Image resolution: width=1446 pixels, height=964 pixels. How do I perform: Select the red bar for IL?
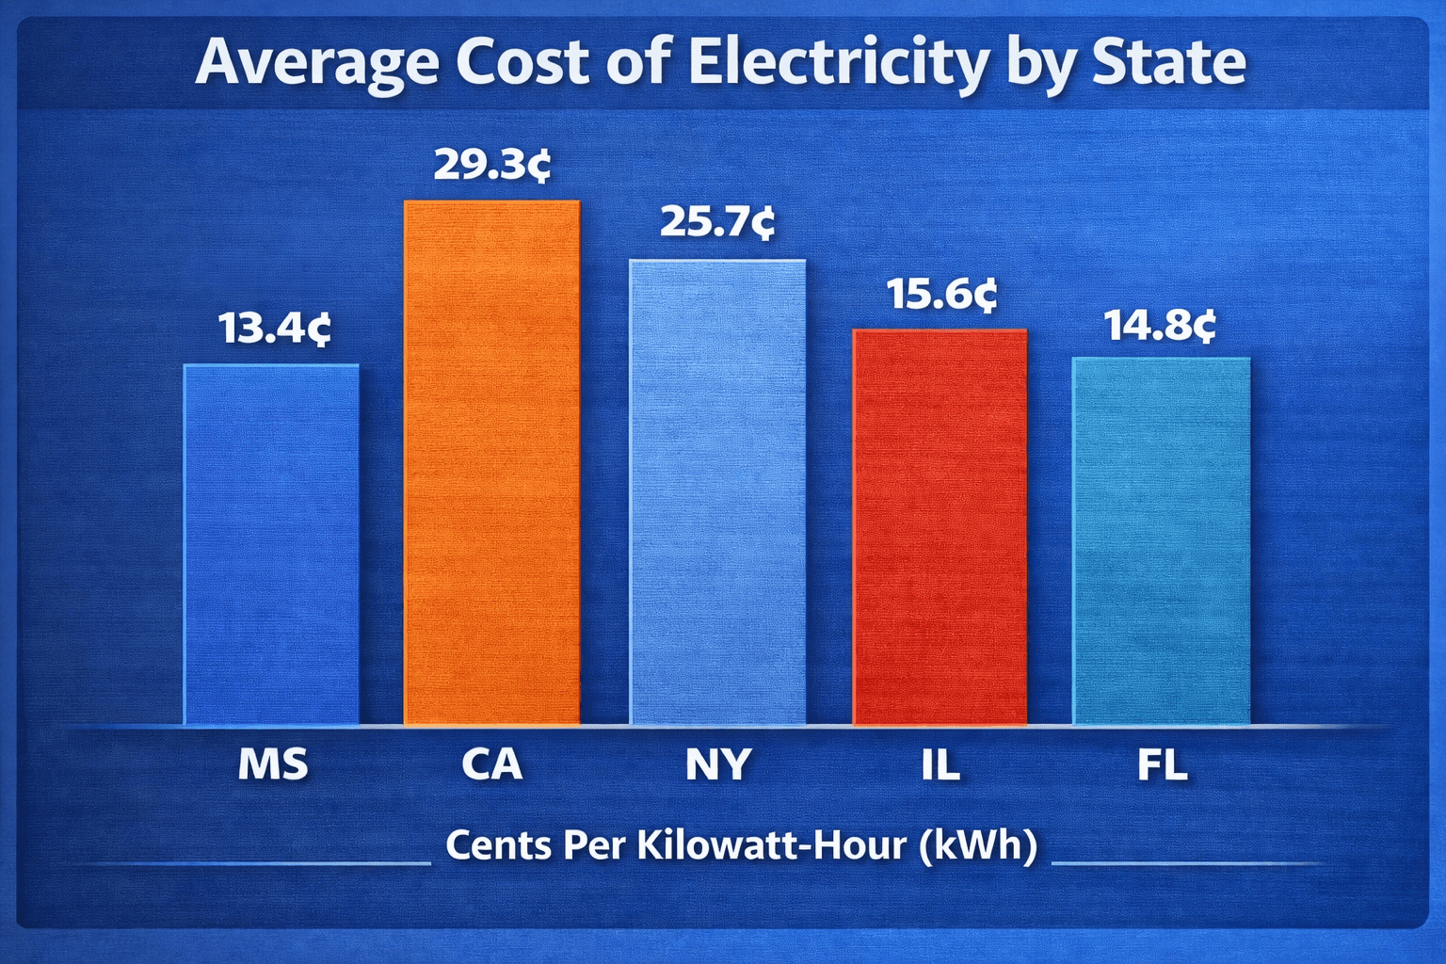click(940, 527)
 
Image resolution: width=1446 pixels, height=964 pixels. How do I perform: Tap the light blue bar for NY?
click(717, 492)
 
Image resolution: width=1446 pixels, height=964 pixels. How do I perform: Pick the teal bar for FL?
click(1162, 541)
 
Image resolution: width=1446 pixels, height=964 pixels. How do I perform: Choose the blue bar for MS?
click(271, 544)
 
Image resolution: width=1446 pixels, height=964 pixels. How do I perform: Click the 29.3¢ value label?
click(491, 165)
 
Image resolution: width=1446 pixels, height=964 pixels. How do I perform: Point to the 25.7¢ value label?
click(717, 222)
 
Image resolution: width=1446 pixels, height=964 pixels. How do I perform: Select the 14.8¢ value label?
click(1160, 326)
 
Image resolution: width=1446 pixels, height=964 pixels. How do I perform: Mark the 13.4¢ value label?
click(274, 329)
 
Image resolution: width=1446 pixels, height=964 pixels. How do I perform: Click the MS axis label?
click(273, 764)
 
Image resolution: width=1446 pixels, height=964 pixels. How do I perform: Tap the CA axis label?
click(491, 764)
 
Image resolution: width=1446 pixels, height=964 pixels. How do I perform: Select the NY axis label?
click(718, 764)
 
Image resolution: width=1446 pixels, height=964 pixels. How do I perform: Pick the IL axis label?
click(940, 764)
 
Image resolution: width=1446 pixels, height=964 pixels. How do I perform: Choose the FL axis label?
click(1162, 764)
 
